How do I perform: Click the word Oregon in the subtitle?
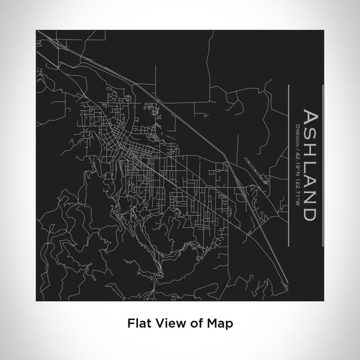[297, 133]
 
